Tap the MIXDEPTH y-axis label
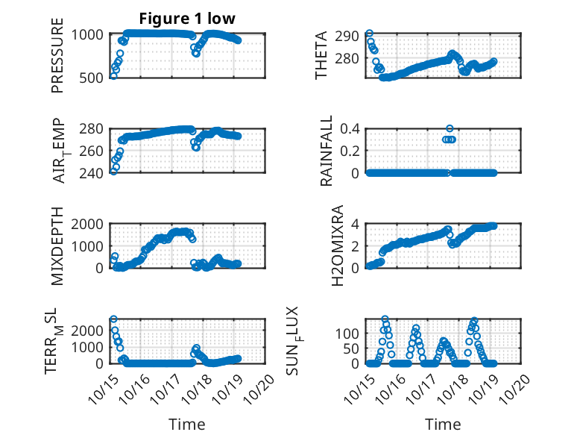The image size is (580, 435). point(57,245)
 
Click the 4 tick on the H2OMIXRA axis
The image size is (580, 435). point(356,224)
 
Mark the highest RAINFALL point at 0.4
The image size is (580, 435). point(450,128)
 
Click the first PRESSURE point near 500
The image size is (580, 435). point(113,75)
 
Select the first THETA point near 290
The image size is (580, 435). point(369,34)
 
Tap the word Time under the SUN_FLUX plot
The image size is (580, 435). point(443,424)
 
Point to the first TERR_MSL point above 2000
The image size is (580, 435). point(113,319)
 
